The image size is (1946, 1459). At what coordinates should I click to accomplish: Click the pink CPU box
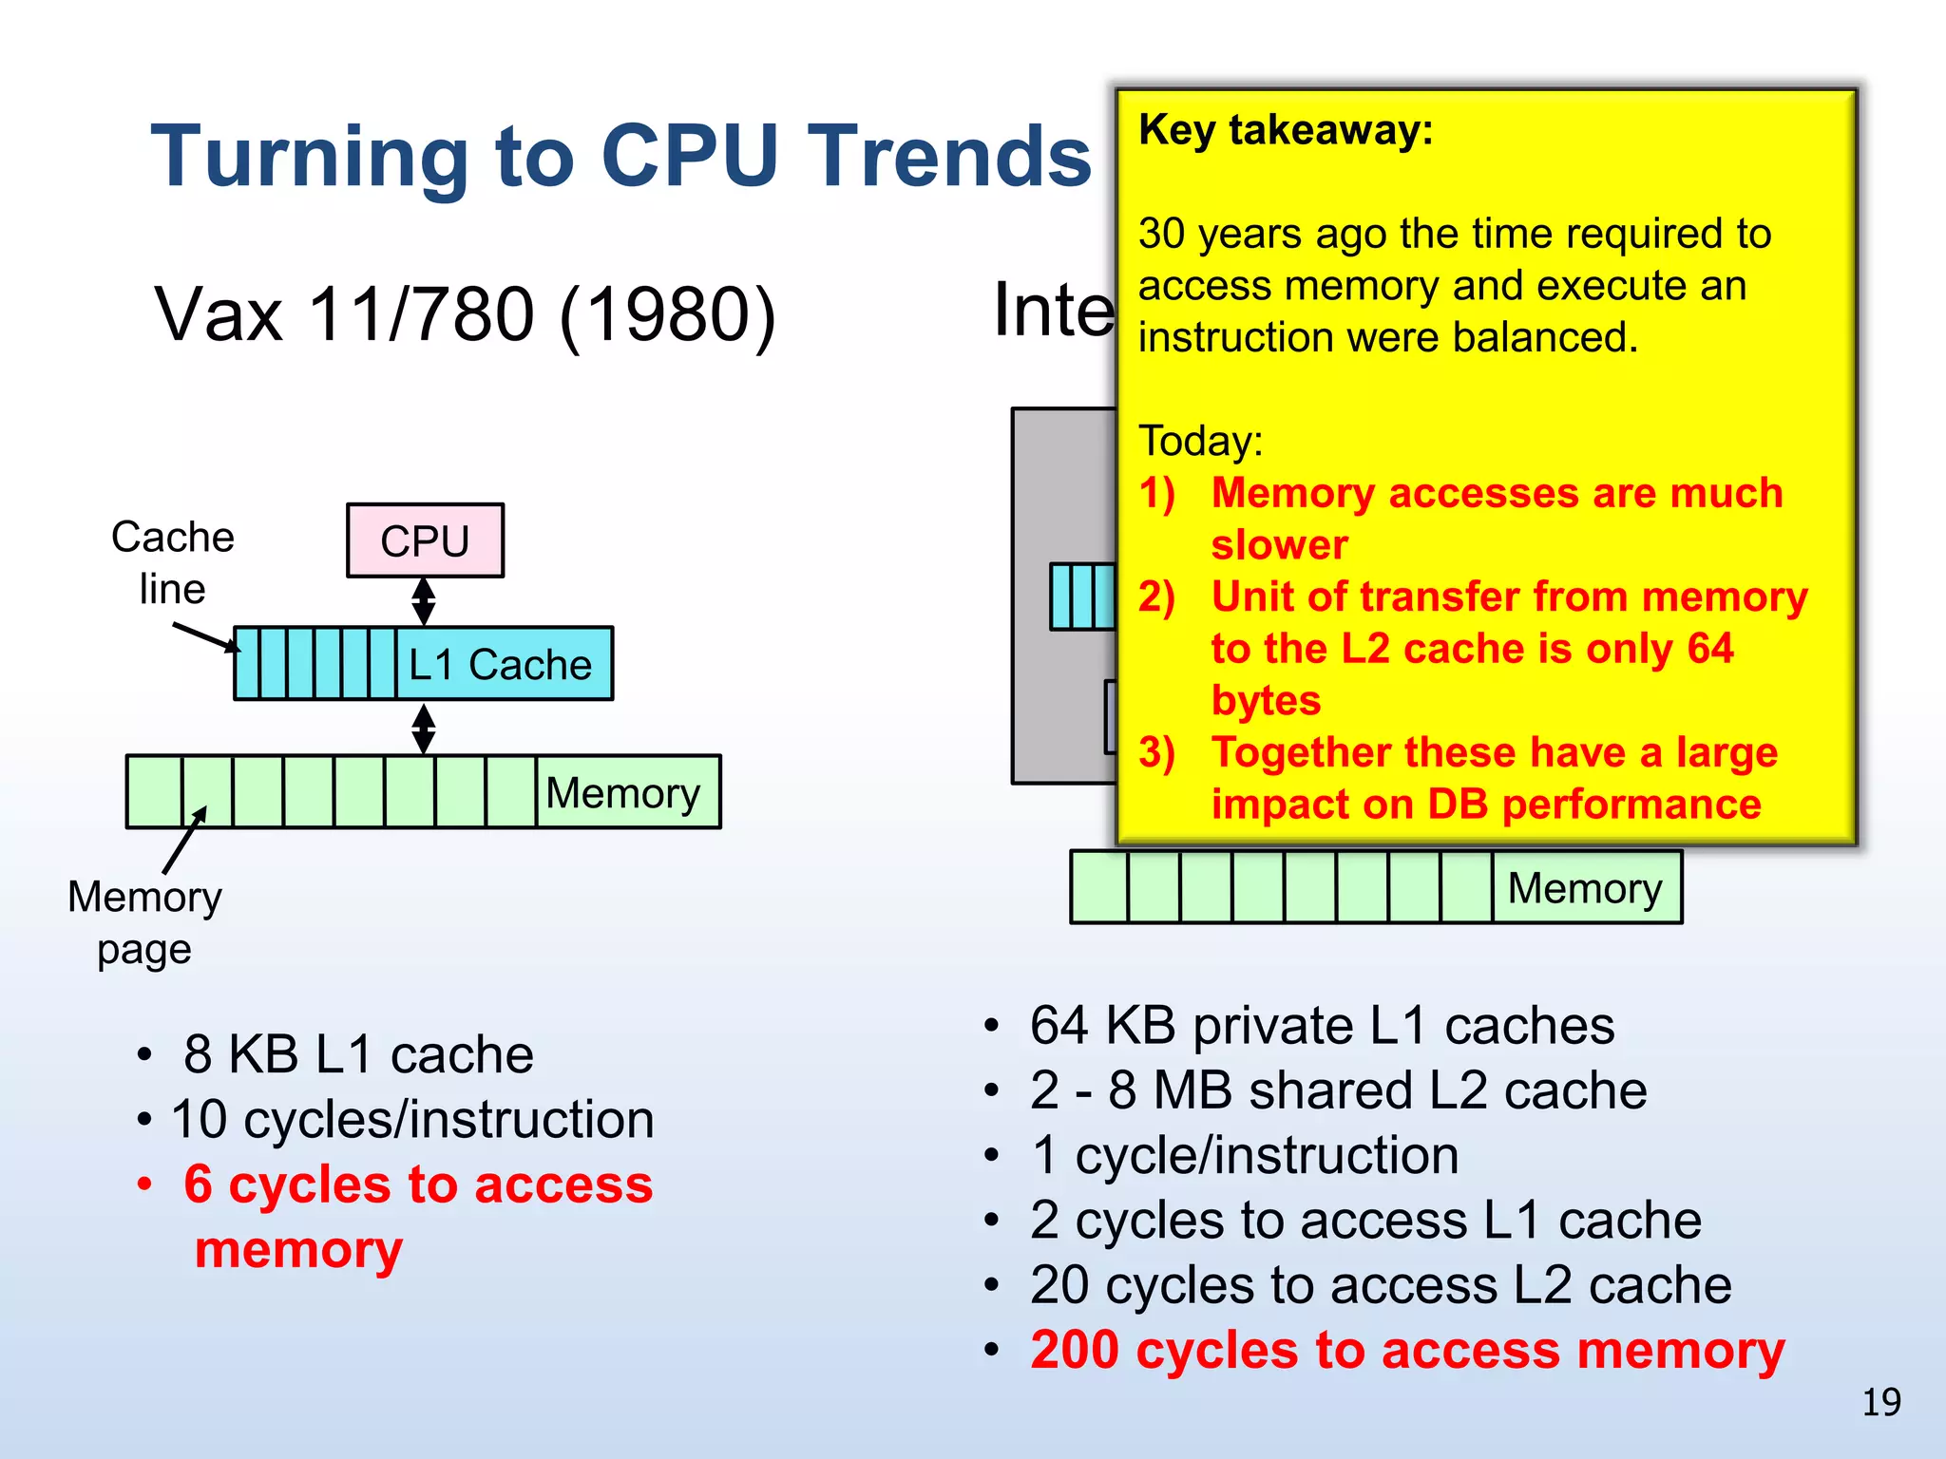click(x=425, y=540)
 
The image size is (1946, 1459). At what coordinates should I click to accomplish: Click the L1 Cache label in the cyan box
click(x=501, y=664)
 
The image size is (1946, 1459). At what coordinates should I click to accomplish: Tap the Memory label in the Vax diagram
click(x=622, y=792)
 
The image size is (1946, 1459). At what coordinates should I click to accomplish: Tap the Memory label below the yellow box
click(x=1584, y=888)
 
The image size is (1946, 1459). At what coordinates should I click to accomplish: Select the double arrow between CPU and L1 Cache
click(x=424, y=601)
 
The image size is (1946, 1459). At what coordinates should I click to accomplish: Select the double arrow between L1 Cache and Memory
click(x=424, y=729)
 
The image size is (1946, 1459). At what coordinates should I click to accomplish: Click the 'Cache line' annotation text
click(x=172, y=562)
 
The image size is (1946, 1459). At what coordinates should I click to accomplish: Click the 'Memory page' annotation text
click(x=144, y=922)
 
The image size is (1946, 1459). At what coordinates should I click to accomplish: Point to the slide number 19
click(x=1880, y=1402)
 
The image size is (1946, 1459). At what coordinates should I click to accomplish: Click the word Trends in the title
click(x=949, y=156)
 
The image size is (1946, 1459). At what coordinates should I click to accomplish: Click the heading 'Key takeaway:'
click(x=1286, y=129)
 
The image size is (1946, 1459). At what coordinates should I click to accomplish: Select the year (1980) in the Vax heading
click(x=668, y=314)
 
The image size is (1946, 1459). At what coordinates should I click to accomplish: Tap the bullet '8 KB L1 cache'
click(x=358, y=1054)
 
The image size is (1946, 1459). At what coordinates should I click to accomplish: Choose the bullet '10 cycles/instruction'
click(x=412, y=1119)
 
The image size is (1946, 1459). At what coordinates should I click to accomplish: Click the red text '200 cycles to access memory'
click(x=1407, y=1350)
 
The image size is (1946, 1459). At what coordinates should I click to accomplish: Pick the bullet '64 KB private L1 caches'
click(x=1322, y=1026)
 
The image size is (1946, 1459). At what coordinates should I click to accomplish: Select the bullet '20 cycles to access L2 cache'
click(x=1381, y=1285)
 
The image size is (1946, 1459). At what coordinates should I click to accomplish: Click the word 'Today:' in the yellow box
click(x=1201, y=441)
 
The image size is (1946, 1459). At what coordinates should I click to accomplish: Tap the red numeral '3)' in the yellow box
click(x=1157, y=752)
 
